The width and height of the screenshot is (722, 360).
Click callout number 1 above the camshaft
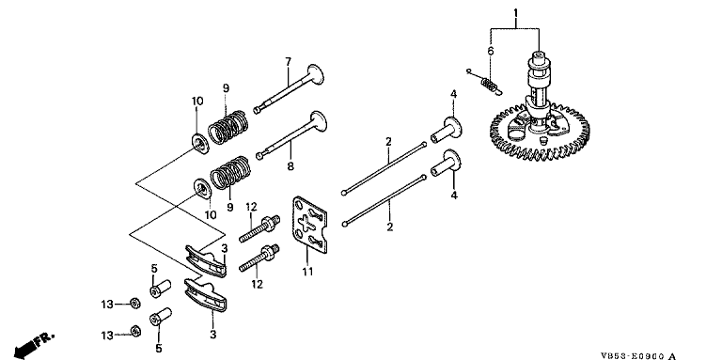click(x=516, y=12)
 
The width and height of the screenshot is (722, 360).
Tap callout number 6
click(x=491, y=51)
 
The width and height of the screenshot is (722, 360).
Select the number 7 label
click(x=289, y=62)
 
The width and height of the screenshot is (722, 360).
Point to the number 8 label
click(x=290, y=165)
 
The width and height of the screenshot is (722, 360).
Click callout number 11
click(x=307, y=272)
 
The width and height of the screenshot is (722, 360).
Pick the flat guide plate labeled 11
click(x=310, y=225)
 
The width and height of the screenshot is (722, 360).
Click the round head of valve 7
click(x=316, y=74)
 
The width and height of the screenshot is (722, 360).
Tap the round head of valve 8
click(x=319, y=123)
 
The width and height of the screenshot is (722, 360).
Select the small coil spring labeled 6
click(x=488, y=85)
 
